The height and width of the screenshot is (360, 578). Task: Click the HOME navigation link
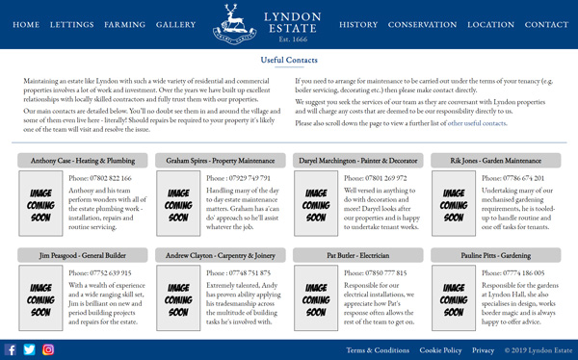pyautogui.click(x=26, y=24)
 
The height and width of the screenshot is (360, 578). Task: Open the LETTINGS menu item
pyautogui.click(x=72, y=24)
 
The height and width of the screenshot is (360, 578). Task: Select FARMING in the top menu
pyautogui.click(x=125, y=24)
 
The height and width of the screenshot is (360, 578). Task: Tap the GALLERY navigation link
pyautogui.click(x=176, y=24)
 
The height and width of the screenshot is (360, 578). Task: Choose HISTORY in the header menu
pyautogui.click(x=358, y=24)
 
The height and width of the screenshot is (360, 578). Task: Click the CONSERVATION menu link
pyautogui.click(x=422, y=24)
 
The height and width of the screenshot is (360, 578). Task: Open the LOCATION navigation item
pyautogui.click(x=490, y=24)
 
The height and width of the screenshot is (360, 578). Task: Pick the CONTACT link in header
pyautogui.click(x=546, y=24)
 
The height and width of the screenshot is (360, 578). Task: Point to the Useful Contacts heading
pyautogui.click(x=289, y=61)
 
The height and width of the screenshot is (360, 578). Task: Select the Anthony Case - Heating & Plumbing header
pyautogui.click(x=83, y=161)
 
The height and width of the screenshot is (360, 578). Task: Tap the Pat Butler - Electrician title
pyautogui.click(x=358, y=256)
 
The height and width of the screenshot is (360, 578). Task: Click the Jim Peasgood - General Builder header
pyautogui.click(x=83, y=256)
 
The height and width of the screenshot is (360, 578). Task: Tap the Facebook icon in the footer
pyautogui.click(x=11, y=350)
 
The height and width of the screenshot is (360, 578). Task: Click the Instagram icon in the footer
pyautogui.click(x=48, y=350)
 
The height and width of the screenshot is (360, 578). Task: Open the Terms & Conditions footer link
pyautogui.click(x=378, y=350)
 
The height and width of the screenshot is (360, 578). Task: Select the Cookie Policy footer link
pyautogui.click(x=440, y=350)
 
